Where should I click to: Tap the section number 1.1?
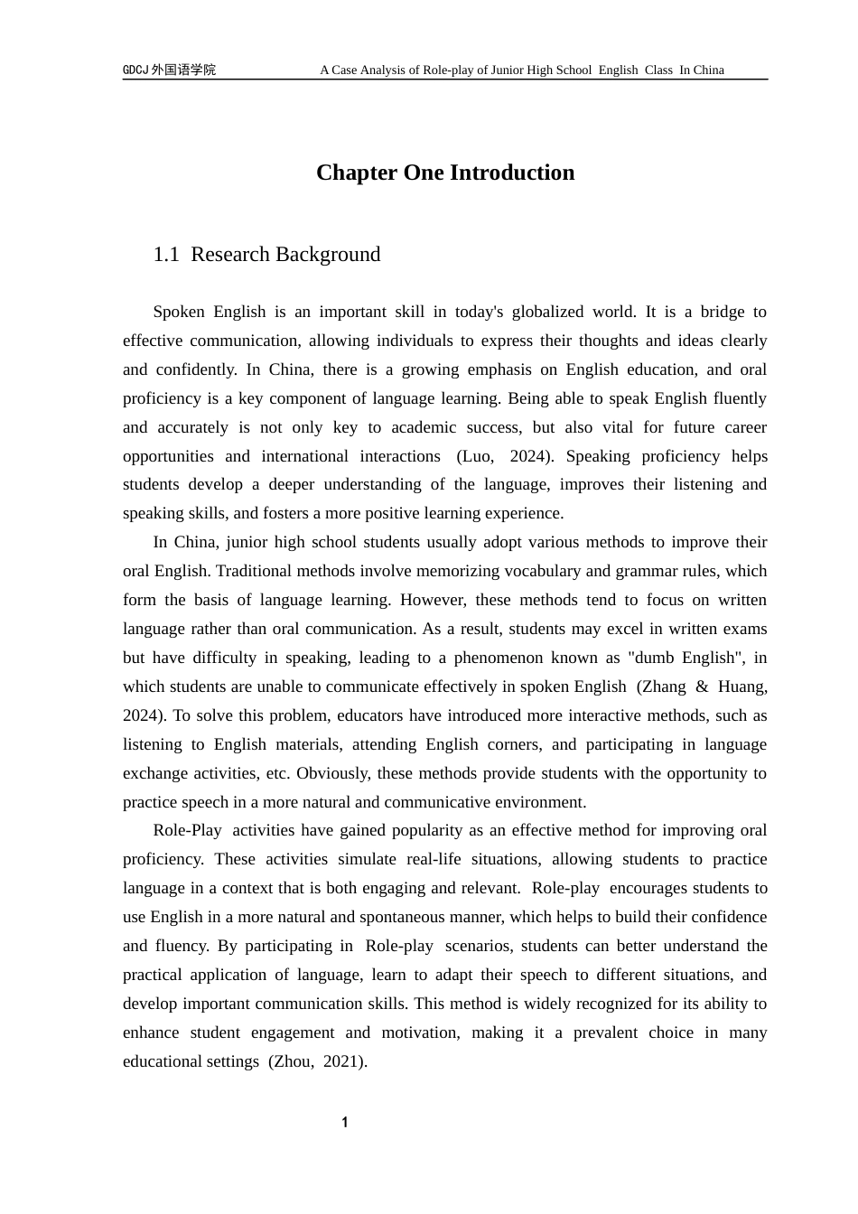click(166, 255)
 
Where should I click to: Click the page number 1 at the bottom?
click(345, 1123)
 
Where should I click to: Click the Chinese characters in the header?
click(184, 70)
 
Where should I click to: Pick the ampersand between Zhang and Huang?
click(702, 686)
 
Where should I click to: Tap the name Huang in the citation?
click(742, 686)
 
